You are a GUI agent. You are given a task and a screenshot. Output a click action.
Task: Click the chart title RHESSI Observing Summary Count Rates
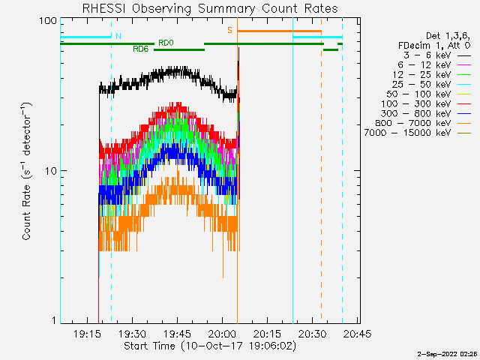210,8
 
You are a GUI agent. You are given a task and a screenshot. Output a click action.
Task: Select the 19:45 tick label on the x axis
177,333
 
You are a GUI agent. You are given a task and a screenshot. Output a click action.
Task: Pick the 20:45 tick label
357,333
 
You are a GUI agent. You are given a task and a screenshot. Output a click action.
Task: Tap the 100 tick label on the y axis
48,21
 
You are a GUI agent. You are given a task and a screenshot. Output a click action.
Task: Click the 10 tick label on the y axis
51,171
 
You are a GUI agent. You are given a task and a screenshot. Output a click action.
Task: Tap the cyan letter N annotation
118,36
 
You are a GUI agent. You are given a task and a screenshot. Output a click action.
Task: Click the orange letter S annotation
229,30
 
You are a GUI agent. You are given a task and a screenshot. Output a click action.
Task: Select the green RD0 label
166,43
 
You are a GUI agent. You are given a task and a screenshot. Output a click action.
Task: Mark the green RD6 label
140,49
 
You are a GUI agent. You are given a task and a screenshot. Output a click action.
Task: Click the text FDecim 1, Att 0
434,46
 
